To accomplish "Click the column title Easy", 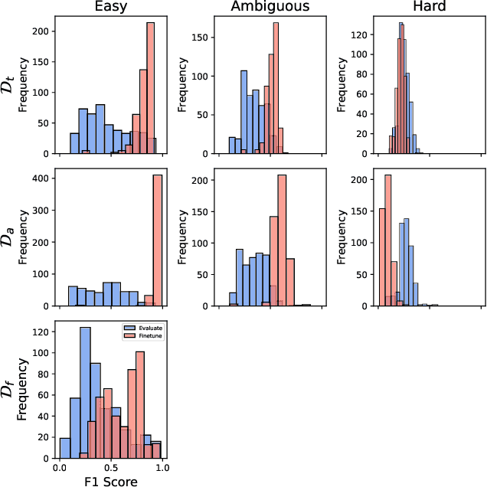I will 109,8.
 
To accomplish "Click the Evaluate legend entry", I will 145,327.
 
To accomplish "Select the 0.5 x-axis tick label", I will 111,466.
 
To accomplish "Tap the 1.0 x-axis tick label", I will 162,466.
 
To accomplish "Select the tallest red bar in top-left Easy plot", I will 150,88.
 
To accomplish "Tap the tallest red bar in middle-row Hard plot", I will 387,240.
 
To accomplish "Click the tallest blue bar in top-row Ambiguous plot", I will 244,112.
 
